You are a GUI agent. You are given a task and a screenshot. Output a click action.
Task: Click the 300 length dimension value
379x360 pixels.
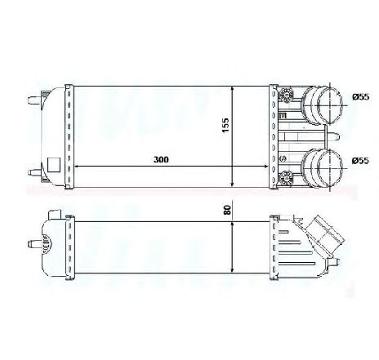[161, 159]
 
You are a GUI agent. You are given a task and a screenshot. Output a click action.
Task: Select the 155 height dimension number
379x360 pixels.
[225, 125]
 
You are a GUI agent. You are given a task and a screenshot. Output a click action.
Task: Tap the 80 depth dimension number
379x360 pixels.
[227, 210]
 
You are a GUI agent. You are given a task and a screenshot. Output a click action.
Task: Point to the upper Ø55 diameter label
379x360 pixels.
[360, 96]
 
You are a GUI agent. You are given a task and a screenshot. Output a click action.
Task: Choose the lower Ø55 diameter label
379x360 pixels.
[360, 161]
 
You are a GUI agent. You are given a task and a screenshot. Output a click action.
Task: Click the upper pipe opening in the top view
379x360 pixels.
[330, 106]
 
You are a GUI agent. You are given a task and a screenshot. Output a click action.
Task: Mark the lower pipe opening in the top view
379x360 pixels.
[330, 169]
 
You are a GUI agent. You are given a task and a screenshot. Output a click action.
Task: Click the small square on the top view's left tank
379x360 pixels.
[53, 164]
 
